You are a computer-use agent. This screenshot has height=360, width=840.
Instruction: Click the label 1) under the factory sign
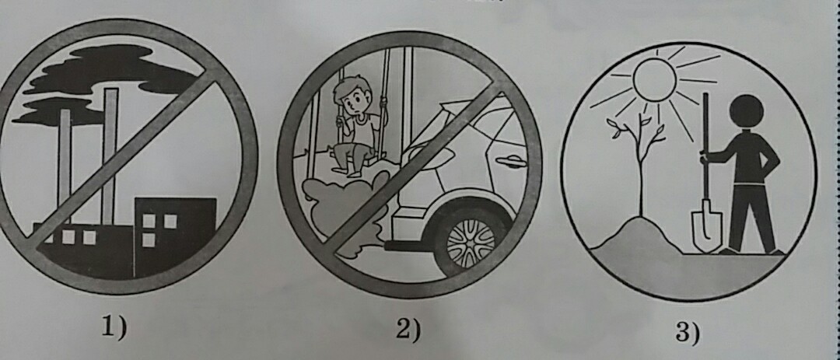(x=114, y=328)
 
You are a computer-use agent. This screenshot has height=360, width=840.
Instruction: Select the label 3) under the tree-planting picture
(x=688, y=334)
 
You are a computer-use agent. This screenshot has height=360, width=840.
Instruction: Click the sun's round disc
(x=654, y=79)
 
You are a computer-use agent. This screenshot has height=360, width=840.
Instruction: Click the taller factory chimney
(x=110, y=156)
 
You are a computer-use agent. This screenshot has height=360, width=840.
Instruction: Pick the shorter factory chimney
(x=65, y=166)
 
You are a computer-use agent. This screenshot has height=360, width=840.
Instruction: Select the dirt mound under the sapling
(x=638, y=236)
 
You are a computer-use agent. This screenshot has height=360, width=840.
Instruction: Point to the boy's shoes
(x=347, y=170)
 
